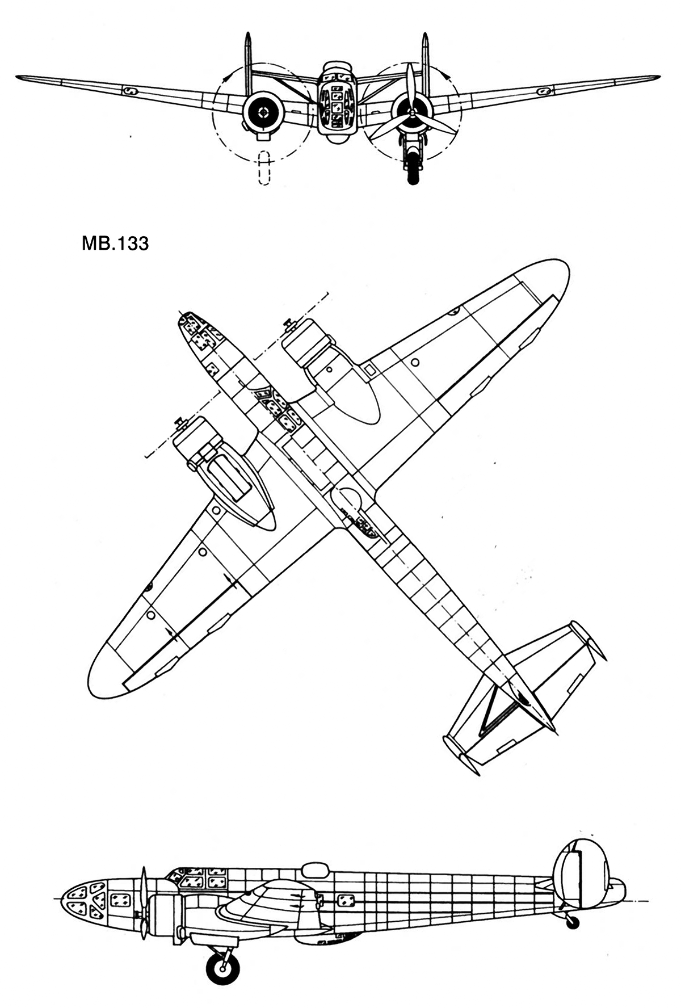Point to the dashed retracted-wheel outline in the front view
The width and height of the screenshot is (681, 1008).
click(x=263, y=167)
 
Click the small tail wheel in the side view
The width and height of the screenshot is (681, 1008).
click(x=573, y=920)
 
